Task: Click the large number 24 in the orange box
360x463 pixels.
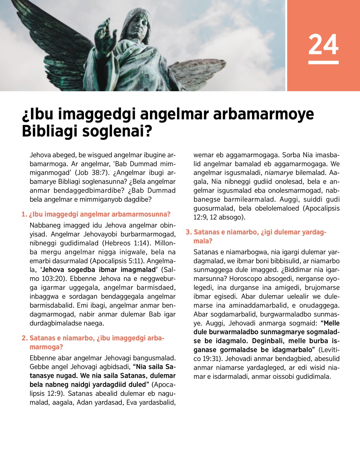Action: coord(323,44)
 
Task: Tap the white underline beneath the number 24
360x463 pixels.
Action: coord(323,62)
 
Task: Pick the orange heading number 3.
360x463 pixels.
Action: coord(188,232)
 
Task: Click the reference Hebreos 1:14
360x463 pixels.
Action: coord(126,243)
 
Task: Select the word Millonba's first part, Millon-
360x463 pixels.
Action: coord(165,243)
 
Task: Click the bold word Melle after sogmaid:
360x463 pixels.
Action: coord(331,323)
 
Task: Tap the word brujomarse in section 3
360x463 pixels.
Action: coord(322,287)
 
